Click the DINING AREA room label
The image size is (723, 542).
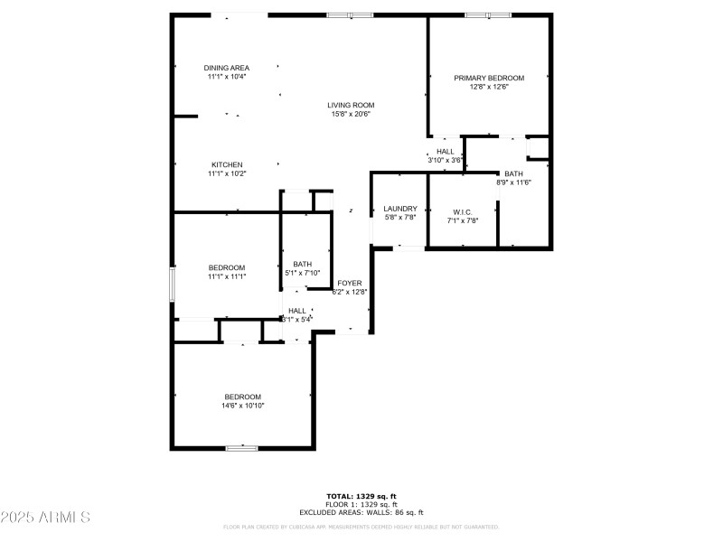point(226,68)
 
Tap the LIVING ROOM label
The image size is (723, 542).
point(351,105)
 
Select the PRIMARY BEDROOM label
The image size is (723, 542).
point(488,79)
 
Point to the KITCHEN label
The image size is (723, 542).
point(227,164)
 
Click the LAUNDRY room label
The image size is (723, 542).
point(399,209)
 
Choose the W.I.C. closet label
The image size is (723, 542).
point(462,211)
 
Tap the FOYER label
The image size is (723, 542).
point(350,283)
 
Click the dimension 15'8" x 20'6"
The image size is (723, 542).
point(351,114)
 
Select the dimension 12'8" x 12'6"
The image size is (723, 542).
point(488,88)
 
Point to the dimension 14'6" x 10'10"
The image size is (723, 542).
point(243,406)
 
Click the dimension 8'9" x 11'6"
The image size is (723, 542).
point(513,182)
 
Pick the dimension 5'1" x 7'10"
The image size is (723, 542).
point(302,273)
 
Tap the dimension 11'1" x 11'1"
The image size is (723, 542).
point(227,276)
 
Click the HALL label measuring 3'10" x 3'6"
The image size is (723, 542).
point(446,152)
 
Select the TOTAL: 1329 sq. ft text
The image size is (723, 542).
point(361,496)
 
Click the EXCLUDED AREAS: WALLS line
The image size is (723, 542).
point(361,511)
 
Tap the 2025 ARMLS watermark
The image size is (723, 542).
point(45,518)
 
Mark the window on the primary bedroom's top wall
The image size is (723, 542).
point(488,15)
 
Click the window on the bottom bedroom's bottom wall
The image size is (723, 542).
point(242,448)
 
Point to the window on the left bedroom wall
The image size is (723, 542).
point(172,284)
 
